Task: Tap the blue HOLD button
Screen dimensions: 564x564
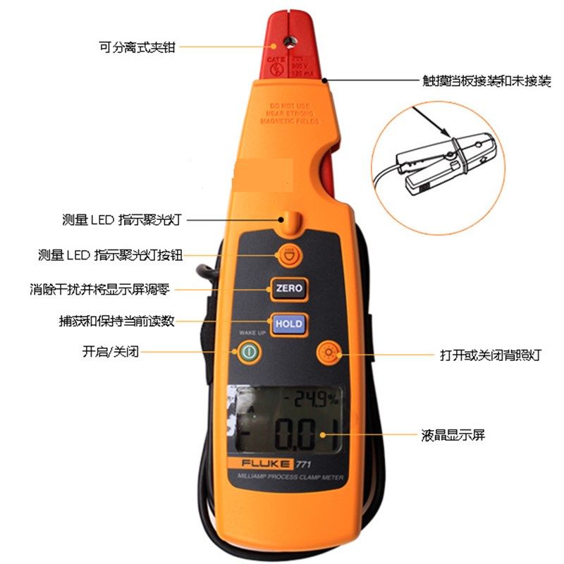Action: pos(288,324)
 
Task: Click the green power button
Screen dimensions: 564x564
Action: pos(247,352)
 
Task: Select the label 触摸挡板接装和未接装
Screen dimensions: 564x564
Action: pos(481,81)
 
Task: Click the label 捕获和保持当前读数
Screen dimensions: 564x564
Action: pos(116,321)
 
